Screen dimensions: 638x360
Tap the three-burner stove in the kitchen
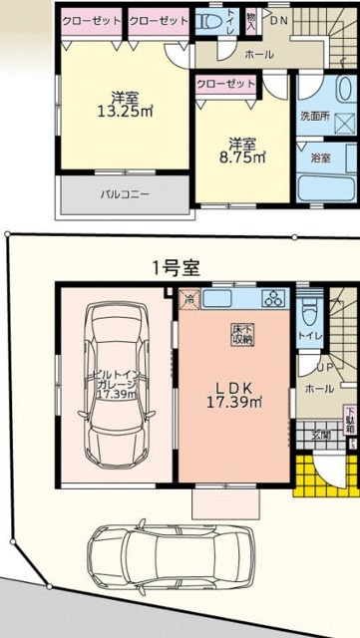[x=272, y=299]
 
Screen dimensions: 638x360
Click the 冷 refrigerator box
[x=187, y=297]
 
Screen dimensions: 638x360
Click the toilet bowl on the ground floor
[x=310, y=311]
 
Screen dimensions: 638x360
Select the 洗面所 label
[x=314, y=117]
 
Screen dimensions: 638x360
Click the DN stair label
[x=281, y=20]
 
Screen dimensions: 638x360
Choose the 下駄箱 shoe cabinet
[x=351, y=423]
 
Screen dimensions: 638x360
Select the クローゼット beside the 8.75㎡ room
[x=226, y=84]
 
